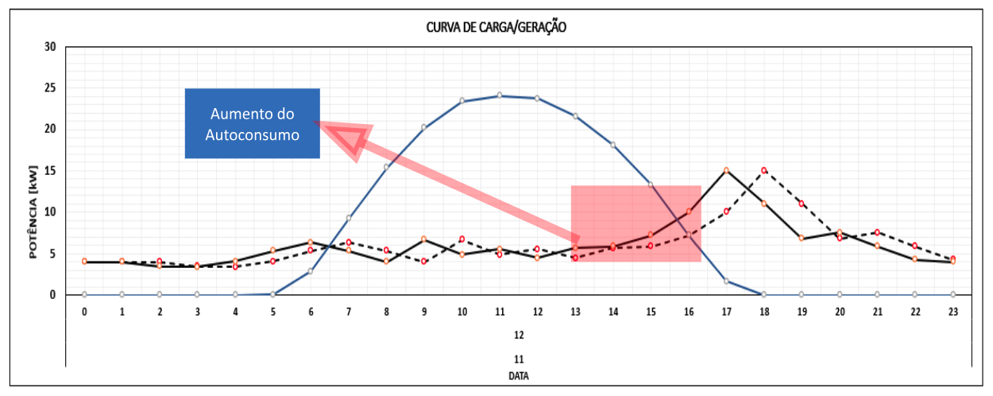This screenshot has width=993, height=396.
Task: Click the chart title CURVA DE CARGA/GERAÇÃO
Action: pyautogui.click(x=496, y=27)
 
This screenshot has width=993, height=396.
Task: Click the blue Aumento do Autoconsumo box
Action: pyautogui.click(x=252, y=123)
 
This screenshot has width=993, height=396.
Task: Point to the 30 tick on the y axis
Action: pyautogui.click(x=50, y=46)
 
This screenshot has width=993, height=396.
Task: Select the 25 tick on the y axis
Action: pyautogui.click(x=50, y=87)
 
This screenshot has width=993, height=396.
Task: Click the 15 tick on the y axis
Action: pyautogui.click(x=50, y=171)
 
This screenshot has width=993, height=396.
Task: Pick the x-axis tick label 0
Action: pyautogui.click(x=84, y=312)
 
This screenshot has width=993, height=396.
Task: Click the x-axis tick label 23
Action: pyautogui.click(x=952, y=312)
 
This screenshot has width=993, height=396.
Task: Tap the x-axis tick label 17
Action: pyautogui.click(x=726, y=312)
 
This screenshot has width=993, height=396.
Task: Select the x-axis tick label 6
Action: pyautogui.click(x=311, y=312)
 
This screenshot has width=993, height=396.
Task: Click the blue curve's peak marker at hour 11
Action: pyautogui.click(x=500, y=95)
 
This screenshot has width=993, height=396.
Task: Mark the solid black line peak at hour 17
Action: pyautogui.click(x=726, y=170)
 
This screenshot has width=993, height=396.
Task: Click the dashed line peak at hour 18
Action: pyautogui.click(x=764, y=170)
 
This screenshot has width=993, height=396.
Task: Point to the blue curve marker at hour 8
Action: pyautogui.click(x=386, y=166)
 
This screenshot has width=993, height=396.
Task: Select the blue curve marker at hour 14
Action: pyautogui.click(x=612, y=145)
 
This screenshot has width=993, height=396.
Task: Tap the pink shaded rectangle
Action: pyautogui.click(x=636, y=223)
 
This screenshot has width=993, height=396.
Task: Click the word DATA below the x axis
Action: pyautogui.click(x=518, y=378)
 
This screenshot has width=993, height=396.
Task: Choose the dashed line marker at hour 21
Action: pyautogui.click(x=877, y=232)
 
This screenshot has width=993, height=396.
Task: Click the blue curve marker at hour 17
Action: pyautogui.click(x=726, y=281)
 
